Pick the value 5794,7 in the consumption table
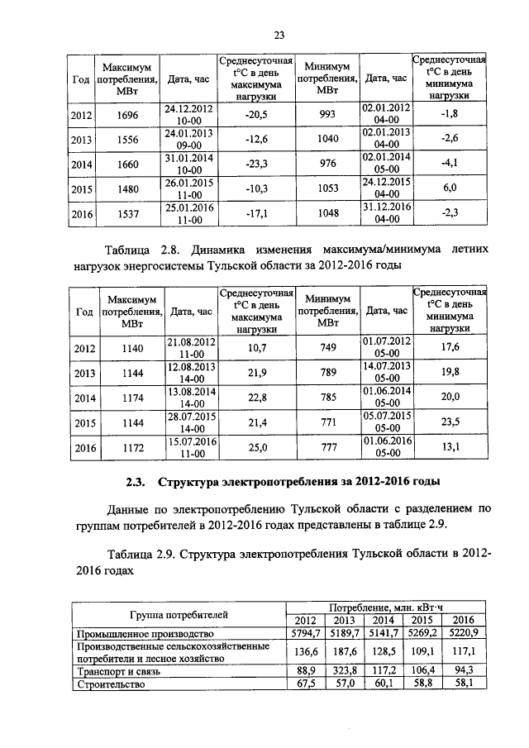[305, 633]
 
